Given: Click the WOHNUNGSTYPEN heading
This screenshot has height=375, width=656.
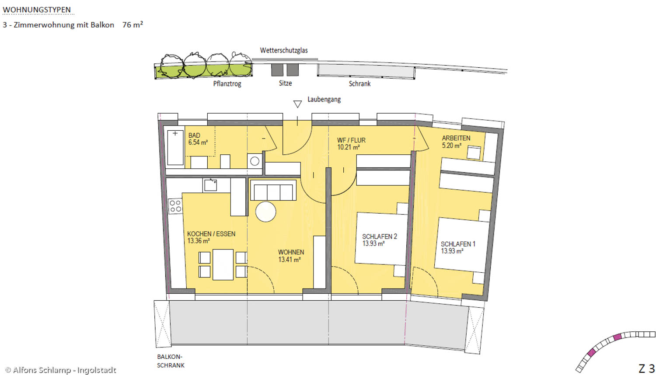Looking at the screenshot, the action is [37, 10].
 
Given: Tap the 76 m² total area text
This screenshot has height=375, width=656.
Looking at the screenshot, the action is [133, 24].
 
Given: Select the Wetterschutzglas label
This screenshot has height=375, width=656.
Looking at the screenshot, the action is [284, 50].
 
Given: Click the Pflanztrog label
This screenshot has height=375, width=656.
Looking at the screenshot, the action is [227, 84].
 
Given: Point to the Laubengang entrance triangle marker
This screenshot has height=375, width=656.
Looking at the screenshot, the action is [297, 104].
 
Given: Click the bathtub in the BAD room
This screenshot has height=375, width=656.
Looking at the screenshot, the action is [175, 148].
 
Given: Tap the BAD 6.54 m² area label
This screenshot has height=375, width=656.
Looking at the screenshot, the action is [198, 139].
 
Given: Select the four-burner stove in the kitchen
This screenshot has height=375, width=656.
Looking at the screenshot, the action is [175, 206].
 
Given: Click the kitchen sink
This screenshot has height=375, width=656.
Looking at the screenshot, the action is [210, 185].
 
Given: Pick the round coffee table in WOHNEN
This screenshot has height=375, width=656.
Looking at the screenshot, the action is [265, 212].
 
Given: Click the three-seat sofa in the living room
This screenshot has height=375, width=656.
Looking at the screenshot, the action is [273, 190].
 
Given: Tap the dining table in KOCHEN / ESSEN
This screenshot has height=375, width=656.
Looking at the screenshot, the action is [223, 264].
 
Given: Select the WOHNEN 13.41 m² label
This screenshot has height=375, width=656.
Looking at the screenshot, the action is [291, 256].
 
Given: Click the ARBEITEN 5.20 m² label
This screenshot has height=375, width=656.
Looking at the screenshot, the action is [456, 142].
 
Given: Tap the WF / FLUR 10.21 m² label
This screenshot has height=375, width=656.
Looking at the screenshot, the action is [351, 144].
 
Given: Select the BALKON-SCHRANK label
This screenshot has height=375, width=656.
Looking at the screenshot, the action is [171, 361].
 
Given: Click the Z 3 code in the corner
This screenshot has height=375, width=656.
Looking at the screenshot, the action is [646, 368].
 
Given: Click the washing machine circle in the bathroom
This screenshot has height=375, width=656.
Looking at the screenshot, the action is [255, 161].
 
